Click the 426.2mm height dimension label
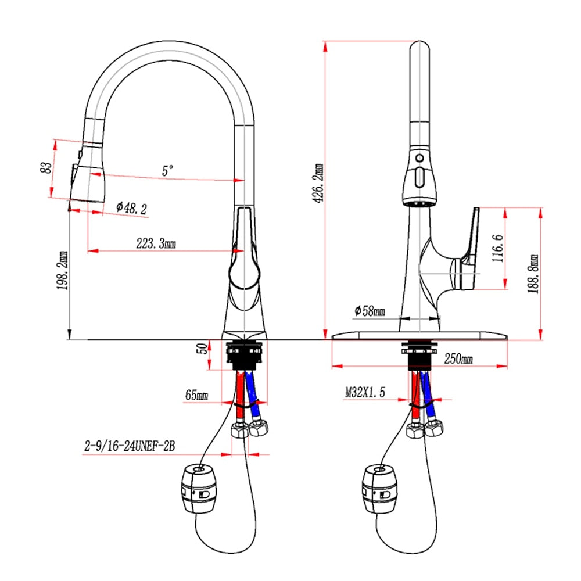tap(318, 184)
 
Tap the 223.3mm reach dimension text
tap(156, 243)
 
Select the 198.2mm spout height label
tap(62, 271)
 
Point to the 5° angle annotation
tap(167, 171)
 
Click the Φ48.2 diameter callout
tap(131, 208)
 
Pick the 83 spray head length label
tap(45, 167)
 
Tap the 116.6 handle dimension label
tap(498, 248)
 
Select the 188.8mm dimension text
tap(533, 274)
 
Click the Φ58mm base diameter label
tap(370, 310)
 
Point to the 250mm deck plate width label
tap(458, 358)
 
